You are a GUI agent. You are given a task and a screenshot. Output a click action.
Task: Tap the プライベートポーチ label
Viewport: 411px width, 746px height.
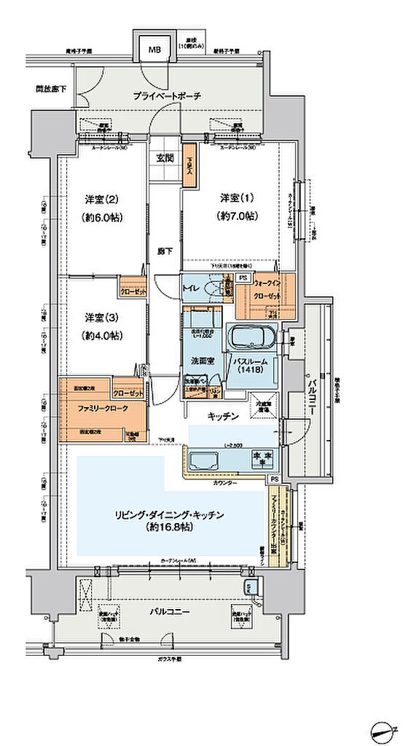[x=166, y=96]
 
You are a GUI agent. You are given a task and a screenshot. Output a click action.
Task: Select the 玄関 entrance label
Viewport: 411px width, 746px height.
[x=165, y=157]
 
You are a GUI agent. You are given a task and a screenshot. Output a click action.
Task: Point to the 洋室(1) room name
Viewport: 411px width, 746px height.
[x=237, y=198]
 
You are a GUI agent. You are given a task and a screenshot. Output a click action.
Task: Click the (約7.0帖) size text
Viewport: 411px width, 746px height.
[x=238, y=217]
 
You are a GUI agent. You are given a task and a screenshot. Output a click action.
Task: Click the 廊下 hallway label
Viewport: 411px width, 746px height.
[x=165, y=250]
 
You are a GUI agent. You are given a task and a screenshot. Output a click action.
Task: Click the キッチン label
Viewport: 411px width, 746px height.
[x=223, y=416]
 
